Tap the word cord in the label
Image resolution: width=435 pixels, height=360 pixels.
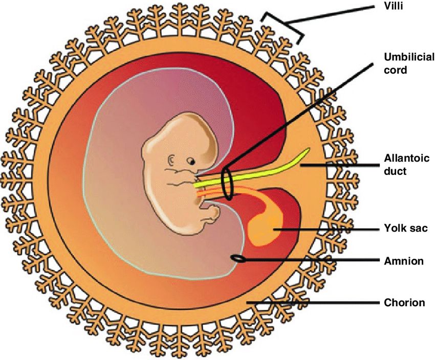395,70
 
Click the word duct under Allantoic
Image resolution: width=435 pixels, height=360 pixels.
395,171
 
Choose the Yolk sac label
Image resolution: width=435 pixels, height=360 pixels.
405,229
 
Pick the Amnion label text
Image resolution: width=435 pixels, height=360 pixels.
404,261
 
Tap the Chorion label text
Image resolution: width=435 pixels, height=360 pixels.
404,303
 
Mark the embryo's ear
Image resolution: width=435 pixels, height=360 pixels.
172,160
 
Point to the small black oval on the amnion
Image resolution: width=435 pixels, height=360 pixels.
238,259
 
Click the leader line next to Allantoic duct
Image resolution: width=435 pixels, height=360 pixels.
338,165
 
